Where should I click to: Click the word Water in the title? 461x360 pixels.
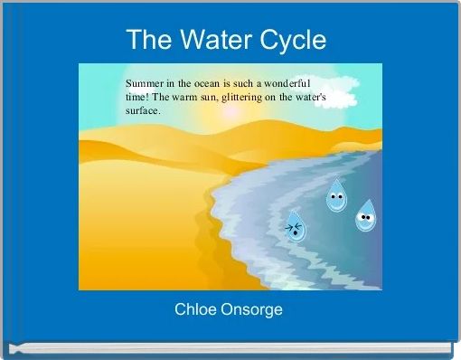pos(213,41)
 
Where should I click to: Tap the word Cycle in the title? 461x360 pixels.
pos(293,41)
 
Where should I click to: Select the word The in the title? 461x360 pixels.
pos(147,41)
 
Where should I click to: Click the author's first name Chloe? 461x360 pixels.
pos(194,309)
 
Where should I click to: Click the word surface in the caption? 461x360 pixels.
pos(142,110)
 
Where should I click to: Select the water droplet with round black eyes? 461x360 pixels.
pos(365,216)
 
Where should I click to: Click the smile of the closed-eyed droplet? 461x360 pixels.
pos(335,204)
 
